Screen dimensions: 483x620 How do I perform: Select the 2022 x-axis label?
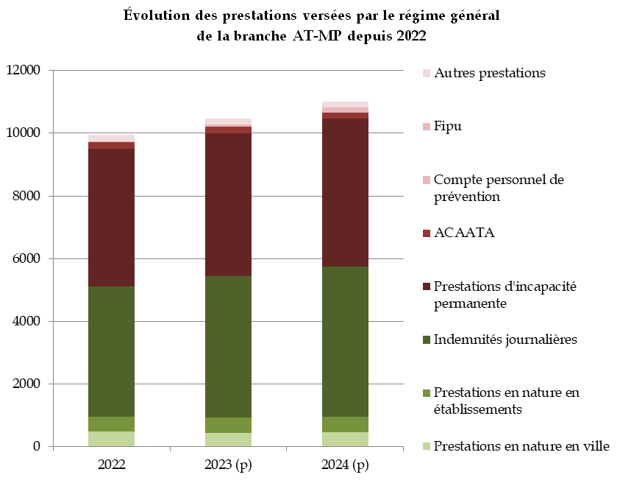(x=111, y=465)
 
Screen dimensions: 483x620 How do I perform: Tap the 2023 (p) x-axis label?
(x=228, y=465)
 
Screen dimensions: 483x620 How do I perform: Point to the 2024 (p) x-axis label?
(x=345, y=465)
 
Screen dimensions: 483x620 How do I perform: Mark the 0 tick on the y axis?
(x=37, y=446)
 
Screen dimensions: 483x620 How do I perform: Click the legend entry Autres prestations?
(x=490, y=73)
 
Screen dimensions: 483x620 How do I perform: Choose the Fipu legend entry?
(x=448, y=126)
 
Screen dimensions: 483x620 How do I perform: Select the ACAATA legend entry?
(x=464, y=233)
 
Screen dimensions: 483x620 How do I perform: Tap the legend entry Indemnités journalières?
(x=505, y=339)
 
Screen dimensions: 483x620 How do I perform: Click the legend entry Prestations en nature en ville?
(x=521, y=445)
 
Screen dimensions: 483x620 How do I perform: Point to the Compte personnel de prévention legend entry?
(x=499, y=188)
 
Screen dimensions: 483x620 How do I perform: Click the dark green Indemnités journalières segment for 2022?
(x=111, y=351)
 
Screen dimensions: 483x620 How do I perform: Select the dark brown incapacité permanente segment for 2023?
(x=228, y=205)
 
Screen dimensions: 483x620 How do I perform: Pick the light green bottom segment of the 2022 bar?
(x=111, y=439)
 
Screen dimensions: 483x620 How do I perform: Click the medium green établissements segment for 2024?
(x=345, y=424)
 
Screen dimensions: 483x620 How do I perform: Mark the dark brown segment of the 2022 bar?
(x=111, y=217)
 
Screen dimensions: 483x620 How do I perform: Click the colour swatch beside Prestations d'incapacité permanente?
(x=426, y=286)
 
